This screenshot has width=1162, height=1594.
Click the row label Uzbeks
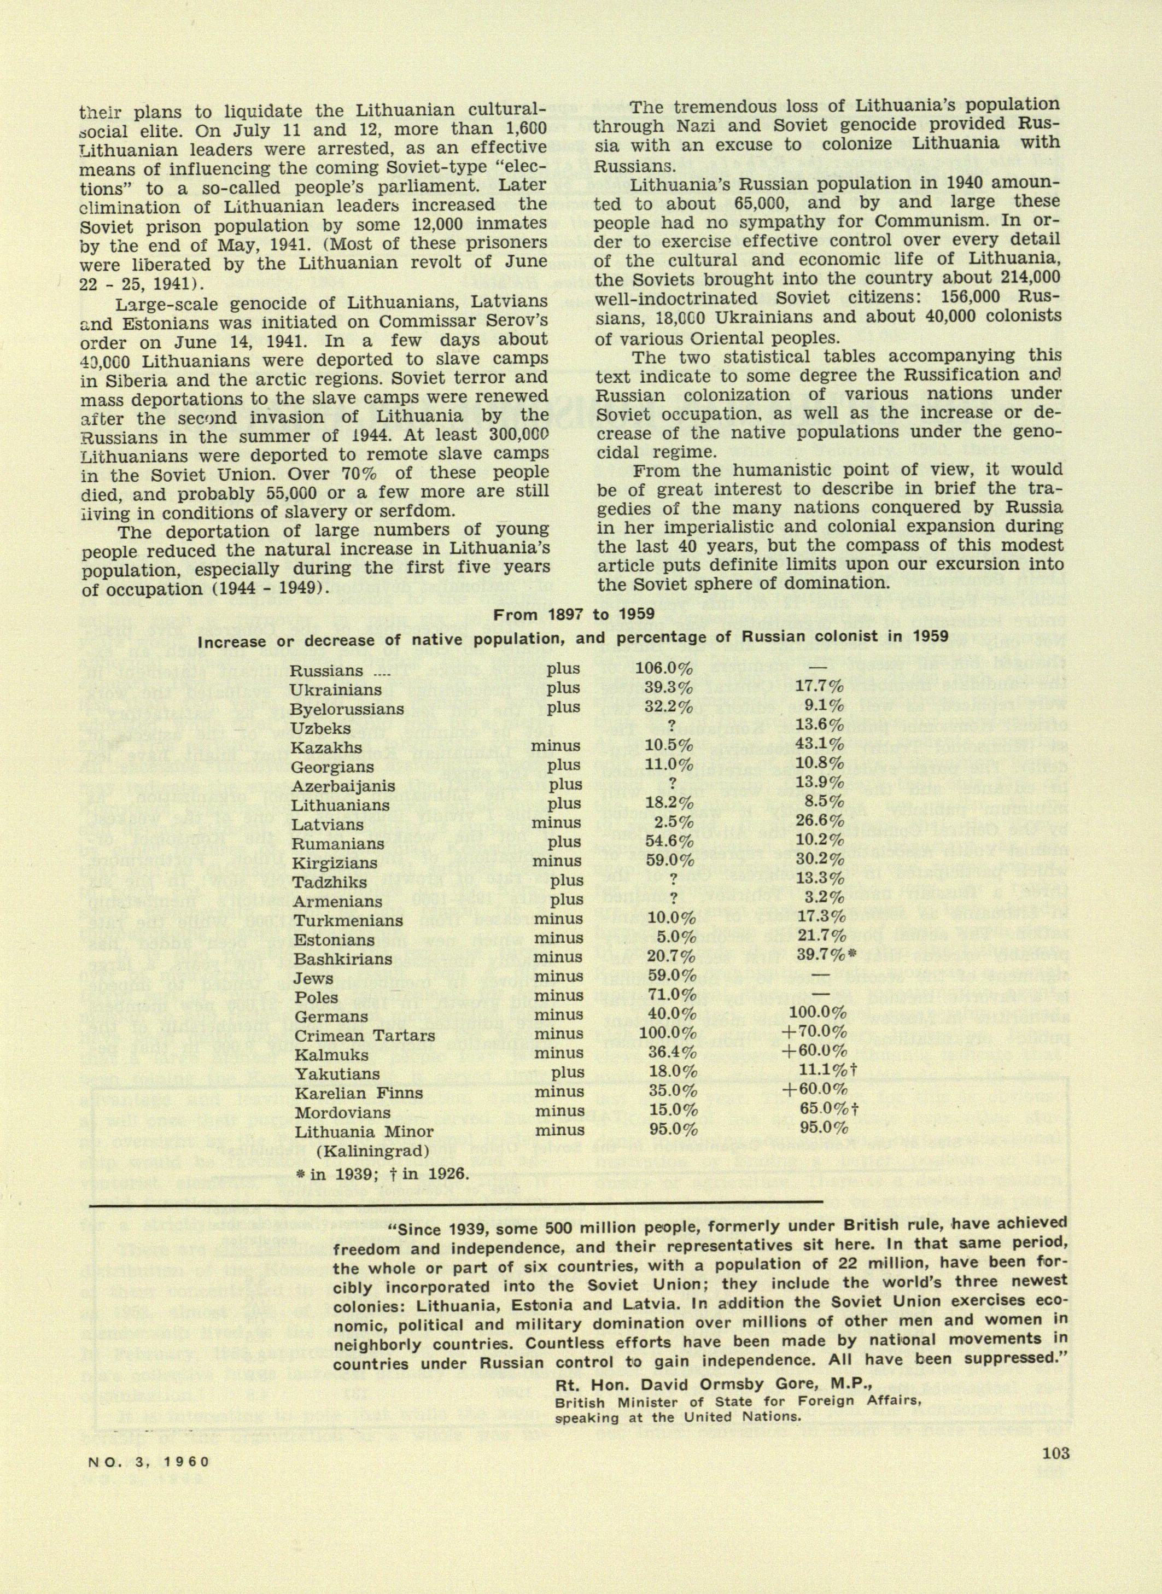click(322, 728)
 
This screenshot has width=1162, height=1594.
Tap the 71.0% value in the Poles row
click(670, 996)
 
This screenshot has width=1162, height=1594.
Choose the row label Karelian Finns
click(359, 1093)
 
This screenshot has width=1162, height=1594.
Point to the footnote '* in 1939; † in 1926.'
click(381, 1173)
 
